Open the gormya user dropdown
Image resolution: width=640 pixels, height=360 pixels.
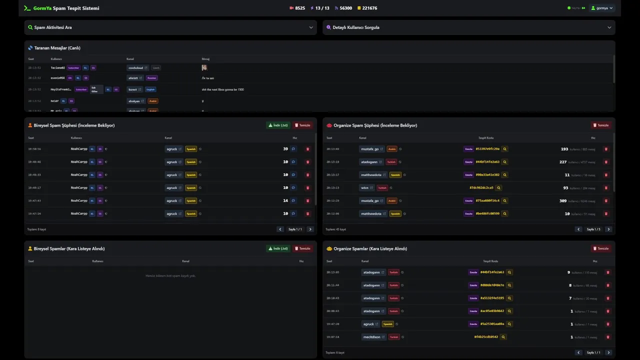pos(602,8)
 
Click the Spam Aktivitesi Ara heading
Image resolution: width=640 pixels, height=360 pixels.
pos(52,27)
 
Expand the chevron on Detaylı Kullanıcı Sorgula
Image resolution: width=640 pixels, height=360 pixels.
pos(609,27)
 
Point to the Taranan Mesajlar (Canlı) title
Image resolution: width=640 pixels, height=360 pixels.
pos(57,48)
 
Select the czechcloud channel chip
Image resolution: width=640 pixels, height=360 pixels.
pos(135,68)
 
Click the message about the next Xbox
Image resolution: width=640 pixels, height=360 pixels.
pos(222,89)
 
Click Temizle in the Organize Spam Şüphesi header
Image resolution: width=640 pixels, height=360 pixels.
pos(601,125)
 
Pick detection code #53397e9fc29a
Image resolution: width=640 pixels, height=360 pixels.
pos(487,149)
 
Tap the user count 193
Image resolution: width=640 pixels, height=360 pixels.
pos(564,149)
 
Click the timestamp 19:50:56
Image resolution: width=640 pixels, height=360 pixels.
pos(34,149)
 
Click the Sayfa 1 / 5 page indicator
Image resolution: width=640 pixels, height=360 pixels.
pos(593,229)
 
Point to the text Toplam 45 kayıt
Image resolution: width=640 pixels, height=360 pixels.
pos(335,229)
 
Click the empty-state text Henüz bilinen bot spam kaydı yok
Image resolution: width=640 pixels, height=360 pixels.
pos(170,275)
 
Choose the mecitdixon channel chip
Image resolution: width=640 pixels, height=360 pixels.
pos(372,337)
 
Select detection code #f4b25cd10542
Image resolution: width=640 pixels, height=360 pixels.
pos(486,337)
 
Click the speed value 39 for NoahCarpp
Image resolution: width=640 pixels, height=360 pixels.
pos(285,149)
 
